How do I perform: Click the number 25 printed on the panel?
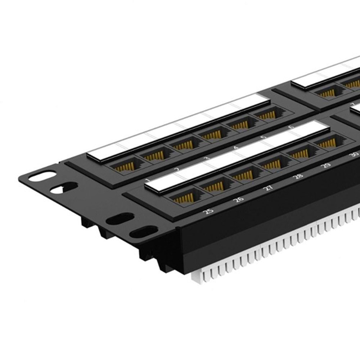click(x=208, y=211)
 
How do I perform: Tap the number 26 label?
click(x=238, y=199)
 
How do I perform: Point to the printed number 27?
click(x=268, y=187)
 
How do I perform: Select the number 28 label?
click(x=298, y=176)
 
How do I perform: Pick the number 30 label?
click(x=354, y=154)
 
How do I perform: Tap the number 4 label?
click(x=236, y=148)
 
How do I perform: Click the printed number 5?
click(x=264, y=137)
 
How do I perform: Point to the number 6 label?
click(x=291, y=127)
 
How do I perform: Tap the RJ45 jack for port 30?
click(x=327, y=143)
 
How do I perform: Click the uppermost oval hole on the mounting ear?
click(x=42, y=176)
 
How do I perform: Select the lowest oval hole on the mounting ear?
click(x=143, y=231)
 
